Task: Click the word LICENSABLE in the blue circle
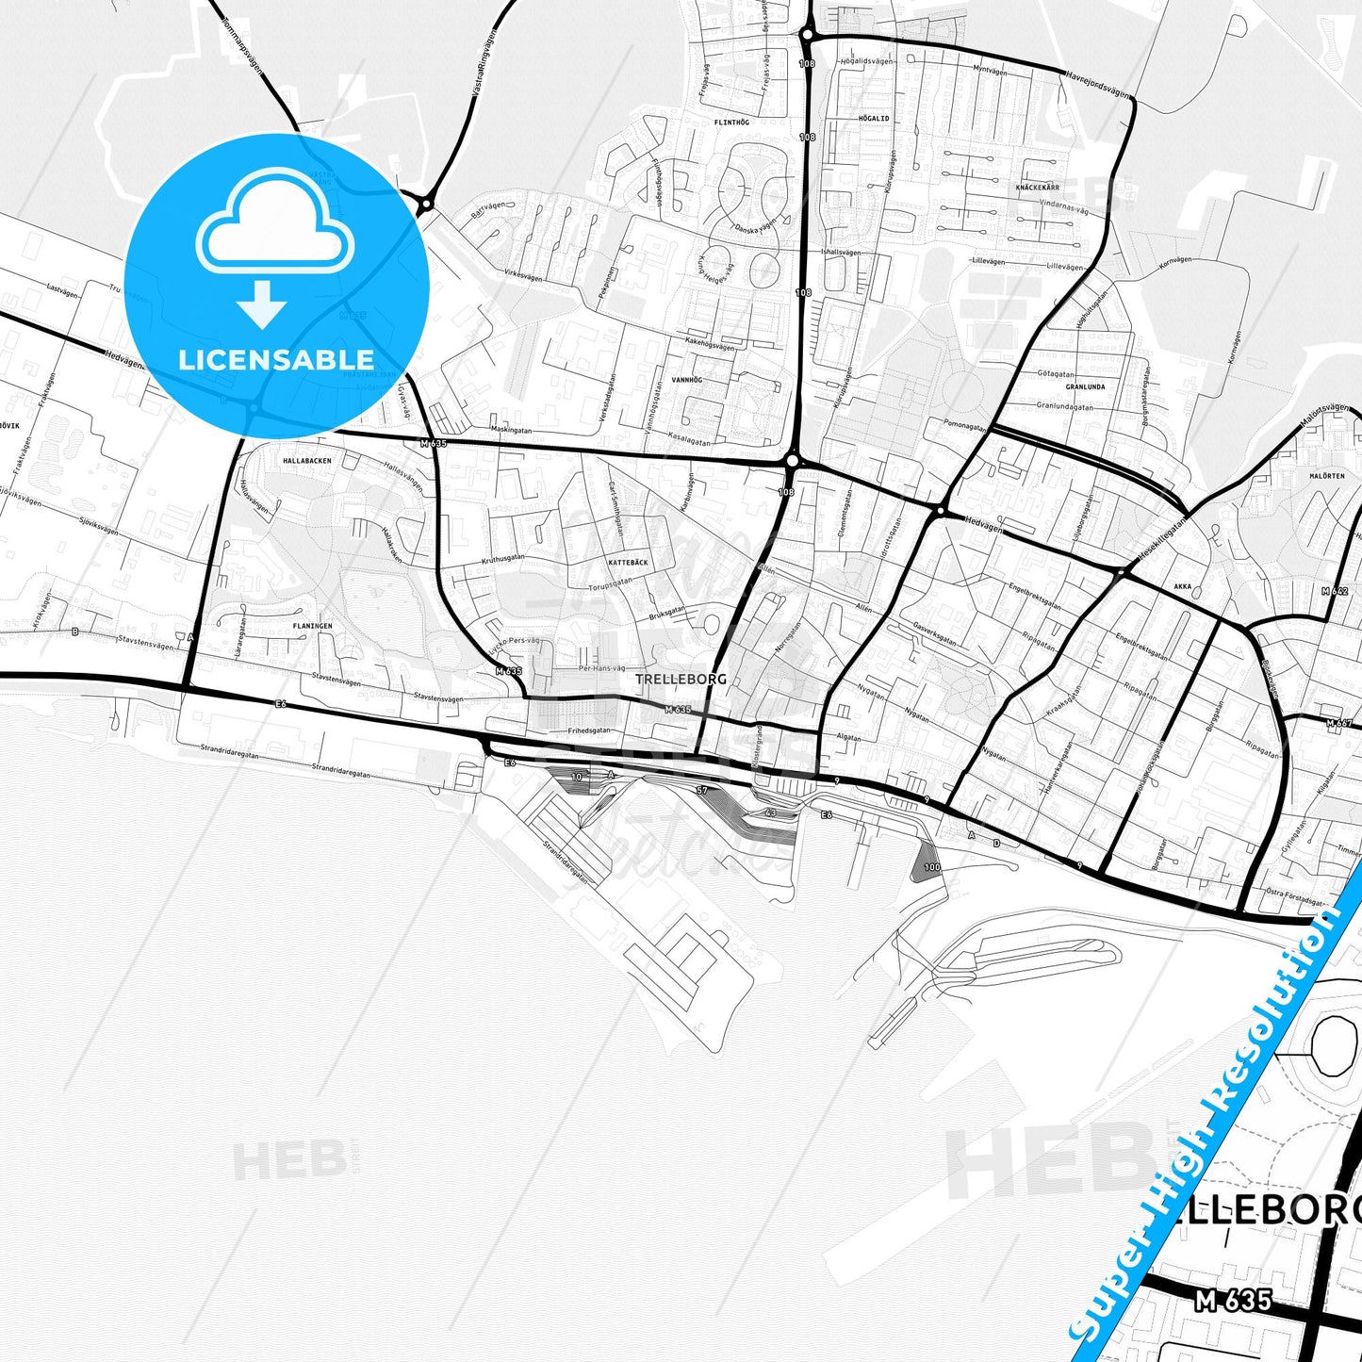coord(275,359)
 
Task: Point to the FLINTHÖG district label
coord(731,123)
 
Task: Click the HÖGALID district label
coord(874,119)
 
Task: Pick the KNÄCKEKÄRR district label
coord(1037,188)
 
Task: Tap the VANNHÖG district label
coord(687,380)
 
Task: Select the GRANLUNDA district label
coord(1085,386)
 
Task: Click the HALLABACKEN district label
coord(307,461)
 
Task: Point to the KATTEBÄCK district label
coord(628,562)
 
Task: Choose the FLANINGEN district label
coord(312,626)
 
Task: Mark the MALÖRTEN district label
coord(1326,476)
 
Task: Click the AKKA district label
coord(1183,586)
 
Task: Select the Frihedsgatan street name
coord(589,730)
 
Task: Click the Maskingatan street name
coord(512,430)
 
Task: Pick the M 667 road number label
coord(1338,723)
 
